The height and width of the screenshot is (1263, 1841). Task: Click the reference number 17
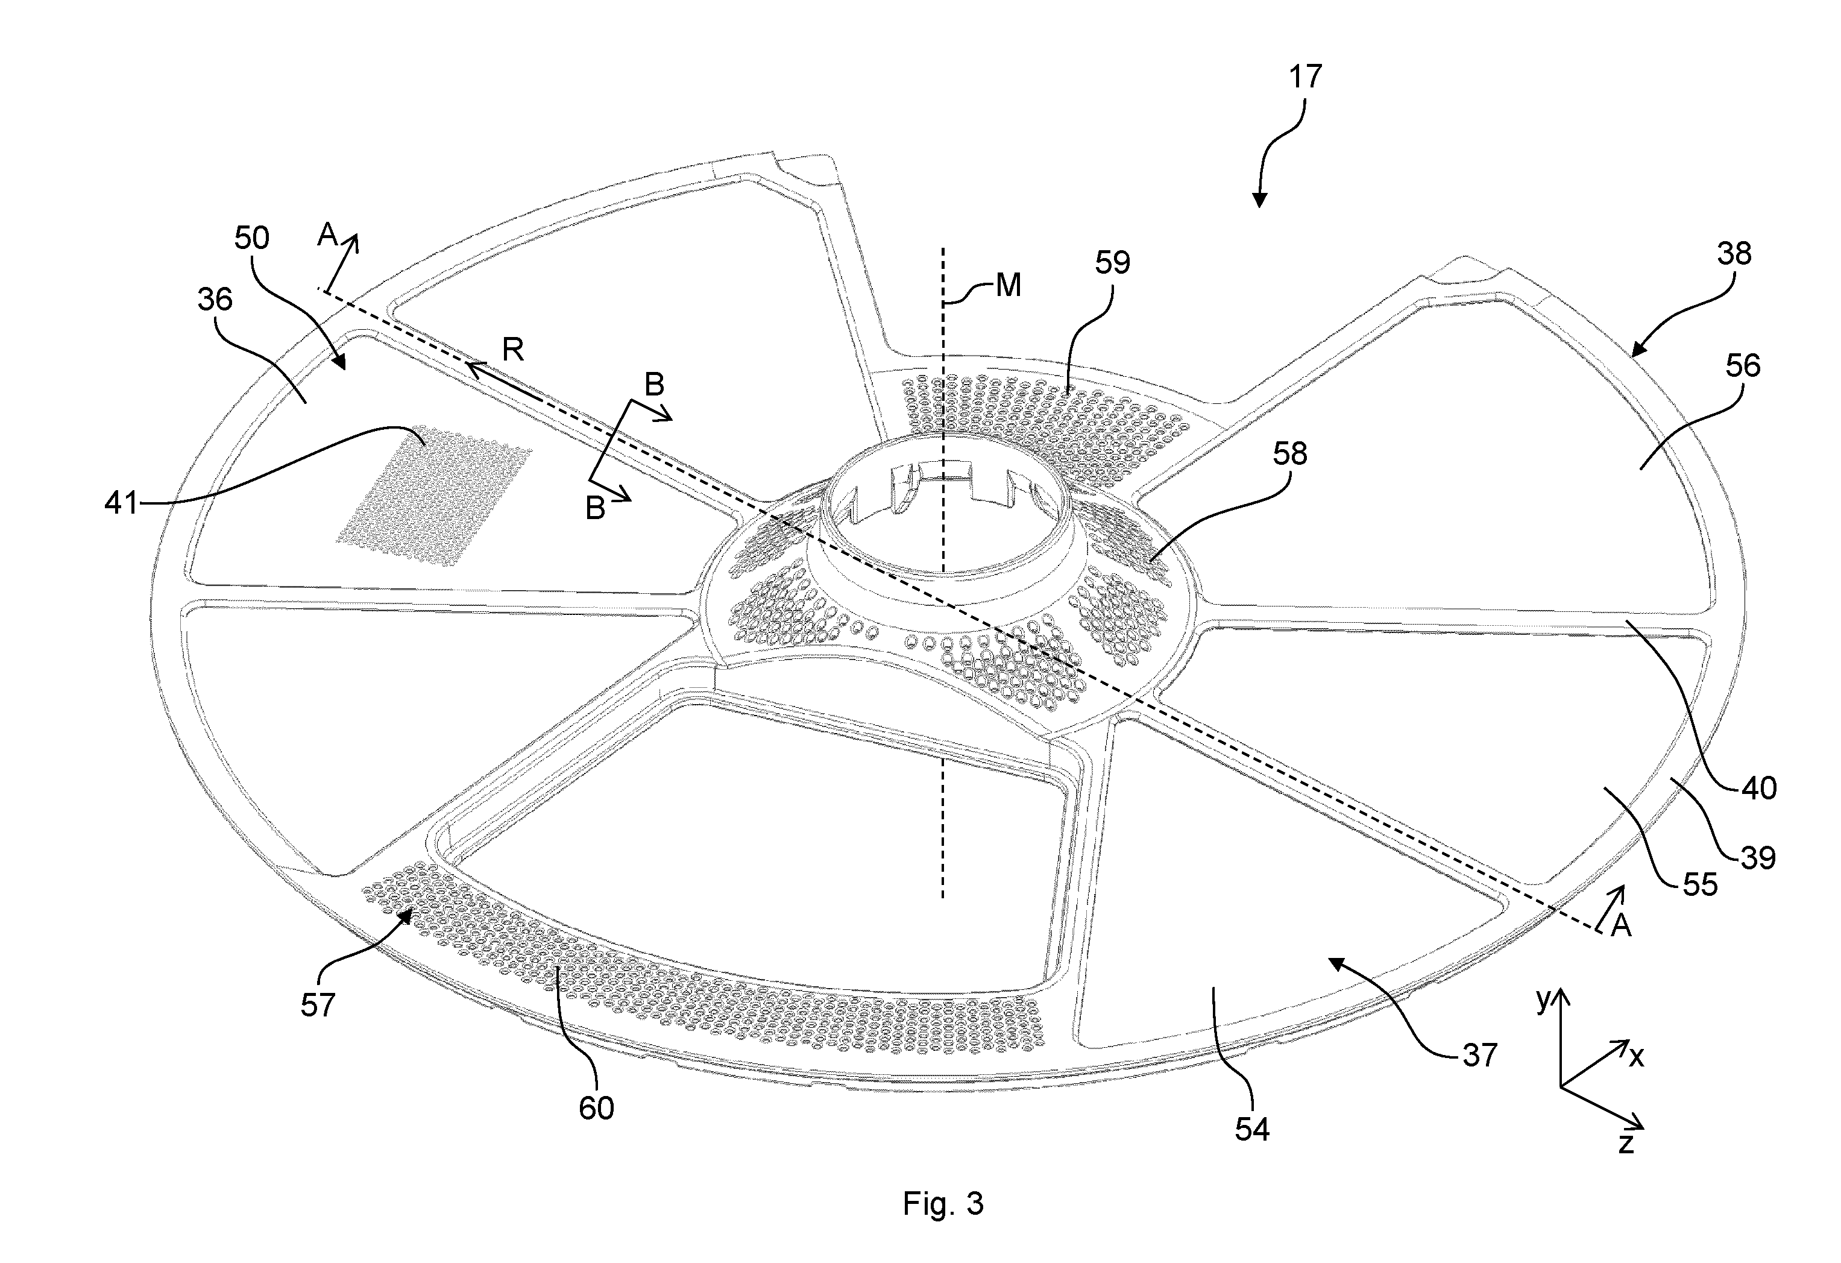tap(1306, 77)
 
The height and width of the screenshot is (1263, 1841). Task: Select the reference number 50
tap(252, 238)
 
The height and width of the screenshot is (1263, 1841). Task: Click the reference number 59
tap(1112, 262)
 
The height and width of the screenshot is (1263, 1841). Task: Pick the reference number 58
tap(1289, 454)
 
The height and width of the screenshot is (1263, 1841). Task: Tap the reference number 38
tap(1734, 254)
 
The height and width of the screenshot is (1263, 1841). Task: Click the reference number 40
tap(1758, 789)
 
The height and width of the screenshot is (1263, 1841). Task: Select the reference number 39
tap(1758, 857)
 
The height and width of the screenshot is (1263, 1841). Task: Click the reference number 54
tap(1253, 1129)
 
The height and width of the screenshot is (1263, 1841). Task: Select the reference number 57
tap(318, 1006)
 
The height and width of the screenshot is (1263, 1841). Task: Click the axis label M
tap(1008, 285)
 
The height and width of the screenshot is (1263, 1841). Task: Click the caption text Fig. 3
tap(943, 1203)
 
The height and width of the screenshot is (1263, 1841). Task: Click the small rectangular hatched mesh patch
tap(433, 497)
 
